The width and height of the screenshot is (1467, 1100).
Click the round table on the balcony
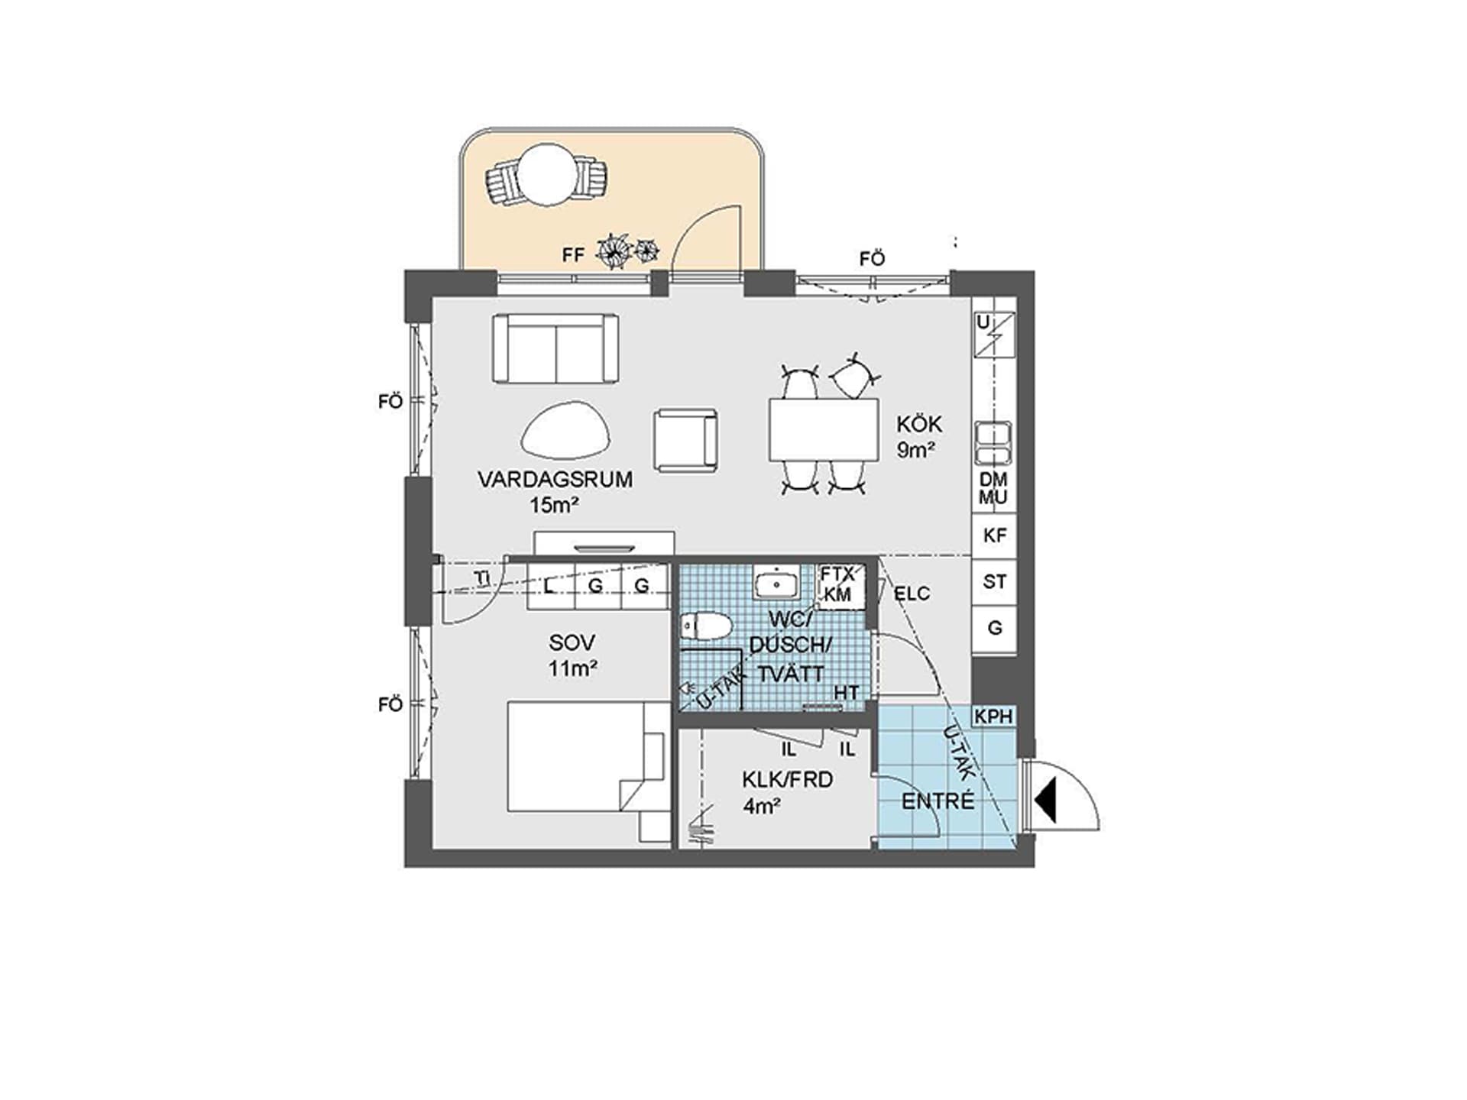[x=546, y=175]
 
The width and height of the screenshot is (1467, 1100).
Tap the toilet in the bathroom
[x=707, y=627]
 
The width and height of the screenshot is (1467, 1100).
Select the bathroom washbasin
[x=776, y=585]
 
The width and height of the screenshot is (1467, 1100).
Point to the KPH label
[x=993, y=717]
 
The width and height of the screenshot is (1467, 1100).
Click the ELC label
[x=912, y=594]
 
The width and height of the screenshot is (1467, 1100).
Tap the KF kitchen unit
[x=994, y=536]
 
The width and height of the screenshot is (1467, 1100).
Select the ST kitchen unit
[x=994, y=582]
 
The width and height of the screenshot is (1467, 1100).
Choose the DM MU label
[x=993, y=489]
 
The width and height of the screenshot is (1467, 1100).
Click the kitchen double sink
[x=994, y=444]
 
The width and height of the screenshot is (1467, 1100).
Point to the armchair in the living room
[x=685, y=441]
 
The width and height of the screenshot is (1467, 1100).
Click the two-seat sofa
[x=555, y=349]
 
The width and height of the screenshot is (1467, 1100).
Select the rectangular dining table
[x=824, y=429]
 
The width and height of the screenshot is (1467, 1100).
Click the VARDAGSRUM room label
[x=555, y=480]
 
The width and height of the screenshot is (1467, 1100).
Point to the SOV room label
[x=572, y=643]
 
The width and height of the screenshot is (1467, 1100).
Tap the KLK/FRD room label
[x=787, y=780]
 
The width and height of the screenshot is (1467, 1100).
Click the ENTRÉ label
[x=938, y=801]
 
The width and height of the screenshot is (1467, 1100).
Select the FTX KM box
[x=840, y=586]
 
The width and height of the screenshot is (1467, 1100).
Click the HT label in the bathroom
[x=847, y=693]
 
